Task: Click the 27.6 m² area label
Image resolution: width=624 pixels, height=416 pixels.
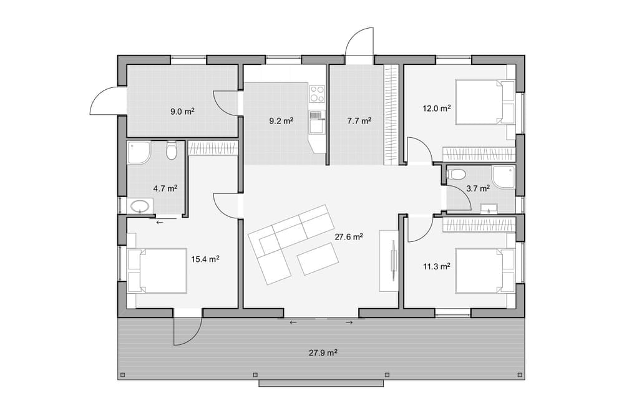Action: coord(349,237)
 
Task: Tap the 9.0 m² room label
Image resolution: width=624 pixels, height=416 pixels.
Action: coord(182,112)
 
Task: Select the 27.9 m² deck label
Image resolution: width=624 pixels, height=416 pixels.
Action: coord(323,352)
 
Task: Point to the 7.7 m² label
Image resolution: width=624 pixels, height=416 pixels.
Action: coord(359,121)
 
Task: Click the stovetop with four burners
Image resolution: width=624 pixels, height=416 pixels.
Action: coord(317,94)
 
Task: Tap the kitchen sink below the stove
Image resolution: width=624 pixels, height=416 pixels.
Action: coord(317,122)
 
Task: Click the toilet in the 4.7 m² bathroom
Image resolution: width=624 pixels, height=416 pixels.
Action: coord(172,150)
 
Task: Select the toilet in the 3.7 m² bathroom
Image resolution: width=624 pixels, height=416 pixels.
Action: coord(456,174)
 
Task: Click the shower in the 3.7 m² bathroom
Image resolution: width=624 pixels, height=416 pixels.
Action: coord(504,177)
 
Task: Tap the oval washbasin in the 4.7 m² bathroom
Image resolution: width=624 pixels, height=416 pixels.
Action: coord(140,206)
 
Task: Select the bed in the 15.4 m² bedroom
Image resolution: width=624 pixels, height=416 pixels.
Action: coord(157,271)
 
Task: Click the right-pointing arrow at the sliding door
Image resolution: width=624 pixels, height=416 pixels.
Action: coord(349,322)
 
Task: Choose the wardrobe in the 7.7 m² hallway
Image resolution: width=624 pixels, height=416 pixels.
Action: coord(391,115)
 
